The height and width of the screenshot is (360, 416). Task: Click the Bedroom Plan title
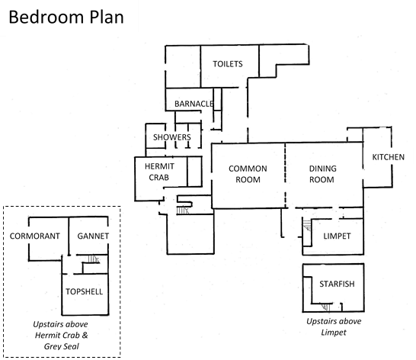66,18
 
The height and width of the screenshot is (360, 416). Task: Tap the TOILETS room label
228,64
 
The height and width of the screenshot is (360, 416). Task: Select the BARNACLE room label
194,104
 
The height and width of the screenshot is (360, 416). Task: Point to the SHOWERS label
172,137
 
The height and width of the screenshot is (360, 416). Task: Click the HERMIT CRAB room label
159,172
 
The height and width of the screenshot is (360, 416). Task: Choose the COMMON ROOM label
248,174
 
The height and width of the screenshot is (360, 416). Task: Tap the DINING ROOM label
322,174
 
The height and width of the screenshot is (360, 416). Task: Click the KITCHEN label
388,157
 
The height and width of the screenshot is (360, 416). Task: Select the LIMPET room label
337,236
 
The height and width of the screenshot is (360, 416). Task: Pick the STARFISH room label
337,284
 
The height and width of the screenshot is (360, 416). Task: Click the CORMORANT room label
35,236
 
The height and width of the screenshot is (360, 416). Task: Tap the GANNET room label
93,236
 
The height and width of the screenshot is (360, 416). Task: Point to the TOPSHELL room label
84,291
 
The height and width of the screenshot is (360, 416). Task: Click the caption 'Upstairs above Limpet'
334,326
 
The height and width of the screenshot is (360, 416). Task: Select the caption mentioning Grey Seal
61,336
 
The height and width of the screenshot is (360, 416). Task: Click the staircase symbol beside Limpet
307,226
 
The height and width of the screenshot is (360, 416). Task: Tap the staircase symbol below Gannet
94,259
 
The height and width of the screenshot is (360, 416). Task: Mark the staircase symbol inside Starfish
326,307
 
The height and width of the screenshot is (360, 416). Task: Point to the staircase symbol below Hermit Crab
183,211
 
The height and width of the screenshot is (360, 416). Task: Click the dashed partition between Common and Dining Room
286,175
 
